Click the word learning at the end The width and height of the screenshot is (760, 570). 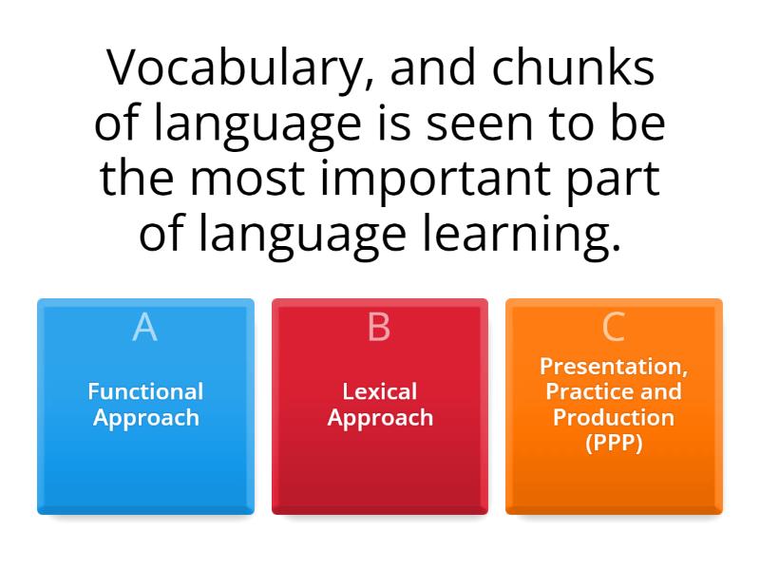pyautogui.click(x=534, y=233)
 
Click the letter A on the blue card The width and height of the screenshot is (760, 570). pyautogui.click(x=144, y=327)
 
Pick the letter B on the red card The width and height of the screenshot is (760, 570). pyautogui.click(x=379, y=327)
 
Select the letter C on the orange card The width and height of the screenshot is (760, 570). pyautogui.click(x=613, y=327)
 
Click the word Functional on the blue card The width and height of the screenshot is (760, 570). pyautogui.click(x=145, y=391)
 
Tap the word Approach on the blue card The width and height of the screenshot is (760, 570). pyautogui.click(x=145, y=418)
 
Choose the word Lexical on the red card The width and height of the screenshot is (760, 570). pyautogui.click(x=380, y=391)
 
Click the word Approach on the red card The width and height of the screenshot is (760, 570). pyautogui.click(x=380, y=418)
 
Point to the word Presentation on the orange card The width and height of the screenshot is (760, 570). pyautogui.click(x=613, y=367)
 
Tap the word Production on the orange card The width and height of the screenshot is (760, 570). pyautogui.click(x=613, y=418)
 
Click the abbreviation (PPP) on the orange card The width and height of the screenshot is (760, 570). pyautogui.click(x=613, y=443)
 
